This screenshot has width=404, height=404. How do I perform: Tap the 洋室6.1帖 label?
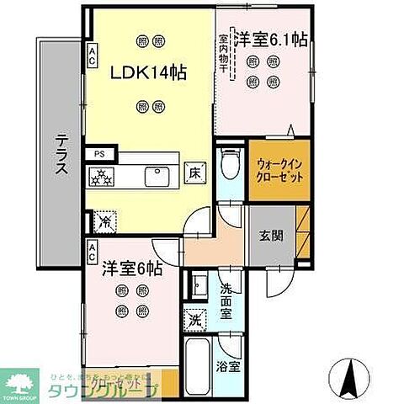point(271,39)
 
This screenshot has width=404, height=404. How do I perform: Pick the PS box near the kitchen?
point(99,153)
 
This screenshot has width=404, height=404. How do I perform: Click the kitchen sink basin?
point(157,176)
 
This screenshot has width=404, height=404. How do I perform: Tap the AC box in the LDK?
point(92,56)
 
